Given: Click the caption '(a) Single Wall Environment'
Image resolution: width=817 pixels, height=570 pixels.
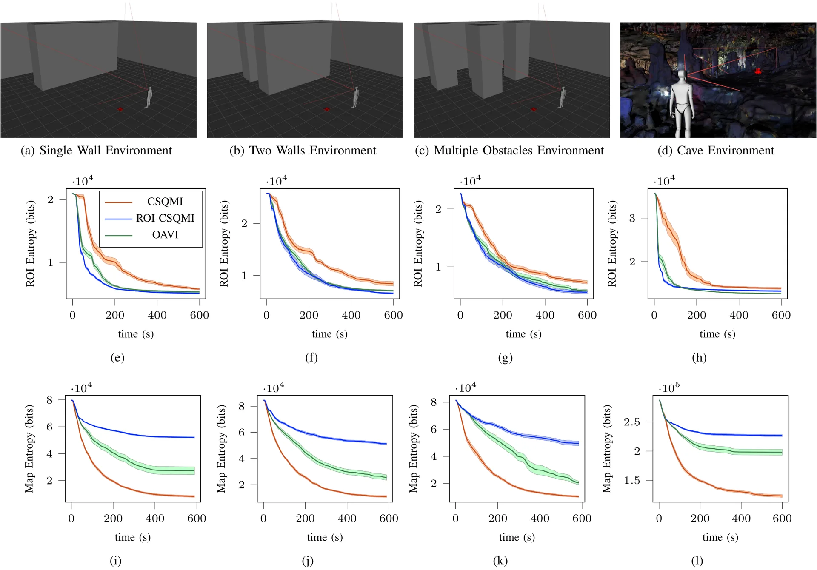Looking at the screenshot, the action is point(96,151).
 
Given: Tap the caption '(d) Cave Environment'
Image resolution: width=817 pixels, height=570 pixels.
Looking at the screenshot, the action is point(716,151).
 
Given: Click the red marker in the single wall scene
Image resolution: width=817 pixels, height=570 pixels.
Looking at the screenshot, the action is point(120,109).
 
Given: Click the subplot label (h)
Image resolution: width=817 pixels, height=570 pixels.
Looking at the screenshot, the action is point(699,357).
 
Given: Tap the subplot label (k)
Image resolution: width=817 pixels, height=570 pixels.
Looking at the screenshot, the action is point(500,561).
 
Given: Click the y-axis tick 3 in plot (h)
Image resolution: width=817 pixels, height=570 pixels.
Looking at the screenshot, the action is point(632,218).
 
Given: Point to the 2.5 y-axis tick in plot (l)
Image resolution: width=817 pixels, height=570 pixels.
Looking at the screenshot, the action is point(632,422).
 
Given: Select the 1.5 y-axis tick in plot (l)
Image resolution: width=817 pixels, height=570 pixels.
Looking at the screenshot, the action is point(632,480).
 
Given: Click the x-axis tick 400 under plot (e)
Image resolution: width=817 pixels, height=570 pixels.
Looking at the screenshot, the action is point(157,315).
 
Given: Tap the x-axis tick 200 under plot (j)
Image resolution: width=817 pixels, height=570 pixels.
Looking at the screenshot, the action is point(305,519).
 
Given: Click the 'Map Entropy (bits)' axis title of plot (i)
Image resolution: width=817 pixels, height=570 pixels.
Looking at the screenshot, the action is point(29,449).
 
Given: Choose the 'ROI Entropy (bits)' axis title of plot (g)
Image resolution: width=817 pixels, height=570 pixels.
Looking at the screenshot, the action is point(418,244).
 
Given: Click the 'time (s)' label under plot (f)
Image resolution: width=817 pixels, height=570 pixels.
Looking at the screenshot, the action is point(330,334).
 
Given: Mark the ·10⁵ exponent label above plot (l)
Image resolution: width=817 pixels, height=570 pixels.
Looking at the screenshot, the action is point(669,388).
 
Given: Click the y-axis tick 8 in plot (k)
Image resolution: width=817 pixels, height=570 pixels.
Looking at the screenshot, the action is point(434,402).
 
